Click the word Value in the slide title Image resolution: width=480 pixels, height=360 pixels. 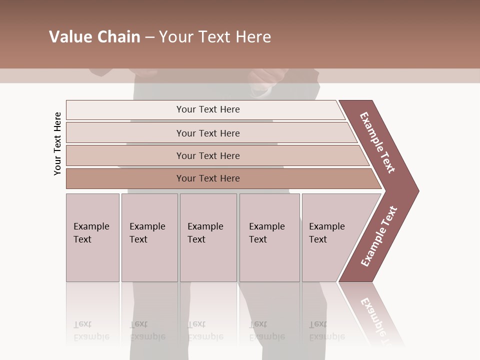pos(69,37)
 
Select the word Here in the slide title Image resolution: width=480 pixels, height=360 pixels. pos(253,37)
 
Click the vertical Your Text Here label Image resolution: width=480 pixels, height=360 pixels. pos(57,143)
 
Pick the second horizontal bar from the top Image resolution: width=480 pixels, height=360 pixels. pos(208,133)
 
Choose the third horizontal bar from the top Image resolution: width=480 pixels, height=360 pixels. pos(208,155)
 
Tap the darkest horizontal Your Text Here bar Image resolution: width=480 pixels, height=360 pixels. pos(208,178)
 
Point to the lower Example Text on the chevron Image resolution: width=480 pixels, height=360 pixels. pos(379,236)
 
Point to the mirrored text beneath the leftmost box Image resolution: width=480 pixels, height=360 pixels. pos(91,330)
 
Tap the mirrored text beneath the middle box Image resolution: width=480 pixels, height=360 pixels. pos(205,330)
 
